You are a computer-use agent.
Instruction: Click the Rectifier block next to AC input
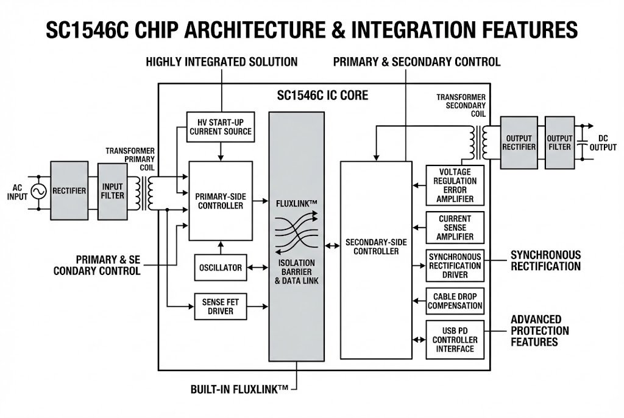coord(68,190)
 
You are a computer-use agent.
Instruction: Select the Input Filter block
coord(113,190)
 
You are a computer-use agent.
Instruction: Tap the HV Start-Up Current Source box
coord(219,127)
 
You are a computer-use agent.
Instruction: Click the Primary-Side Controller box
coord(219,200)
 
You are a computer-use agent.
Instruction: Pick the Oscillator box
coord(221,268)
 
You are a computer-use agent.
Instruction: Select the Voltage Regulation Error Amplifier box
coord(456,186)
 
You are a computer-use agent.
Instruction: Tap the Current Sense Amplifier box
coord(456,228)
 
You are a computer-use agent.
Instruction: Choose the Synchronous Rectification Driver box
coord(456,265)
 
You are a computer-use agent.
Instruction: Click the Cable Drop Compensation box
coord(456,301)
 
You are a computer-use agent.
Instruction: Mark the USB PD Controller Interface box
coord(456,340)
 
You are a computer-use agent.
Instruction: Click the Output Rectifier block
coord(518,142)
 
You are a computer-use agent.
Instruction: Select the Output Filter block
coord(559,142)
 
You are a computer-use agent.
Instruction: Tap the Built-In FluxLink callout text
coord(239,388)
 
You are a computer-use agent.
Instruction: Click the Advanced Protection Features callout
coord(539,330)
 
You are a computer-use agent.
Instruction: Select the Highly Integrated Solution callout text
coord(221,61)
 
